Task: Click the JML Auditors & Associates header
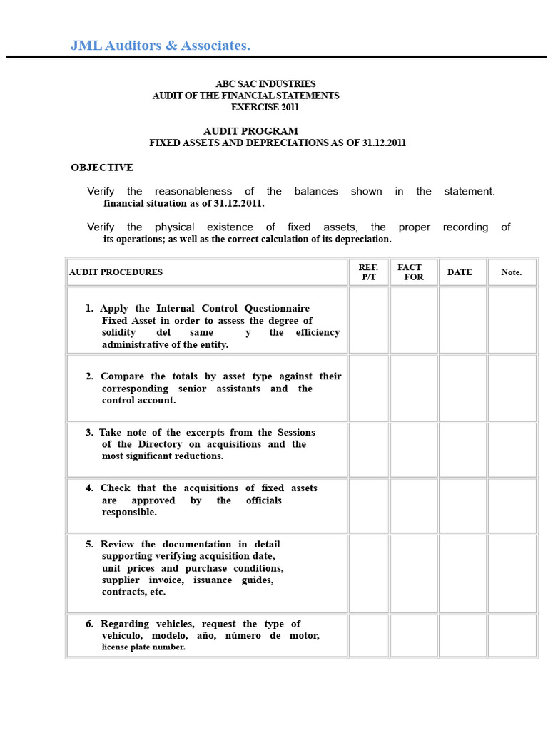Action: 161,46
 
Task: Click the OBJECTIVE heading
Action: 102,168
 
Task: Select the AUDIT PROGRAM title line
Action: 250,131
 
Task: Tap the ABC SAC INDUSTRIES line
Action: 265,84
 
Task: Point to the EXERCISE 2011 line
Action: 265,108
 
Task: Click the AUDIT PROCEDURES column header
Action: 116,272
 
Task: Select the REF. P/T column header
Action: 368,272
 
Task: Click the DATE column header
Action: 460,272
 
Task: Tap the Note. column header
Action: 511,272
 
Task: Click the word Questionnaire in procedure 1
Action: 277,309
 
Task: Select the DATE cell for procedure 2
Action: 462,388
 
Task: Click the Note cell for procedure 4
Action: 512,505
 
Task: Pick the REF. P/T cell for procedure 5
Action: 368,572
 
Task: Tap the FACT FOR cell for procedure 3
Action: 414,449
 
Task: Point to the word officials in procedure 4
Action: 263,500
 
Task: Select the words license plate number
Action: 143,647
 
